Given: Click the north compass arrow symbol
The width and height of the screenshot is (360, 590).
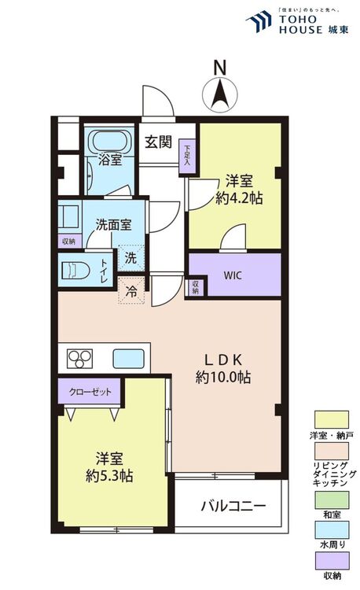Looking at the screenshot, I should (220, 94).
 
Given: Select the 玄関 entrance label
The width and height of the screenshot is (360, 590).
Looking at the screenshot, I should (158, 142).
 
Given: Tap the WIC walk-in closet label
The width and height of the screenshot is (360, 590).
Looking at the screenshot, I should (233, 275).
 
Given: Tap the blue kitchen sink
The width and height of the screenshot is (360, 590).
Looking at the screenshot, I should (127, 359).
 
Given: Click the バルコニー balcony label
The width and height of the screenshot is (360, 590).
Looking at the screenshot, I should (232, 505).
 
